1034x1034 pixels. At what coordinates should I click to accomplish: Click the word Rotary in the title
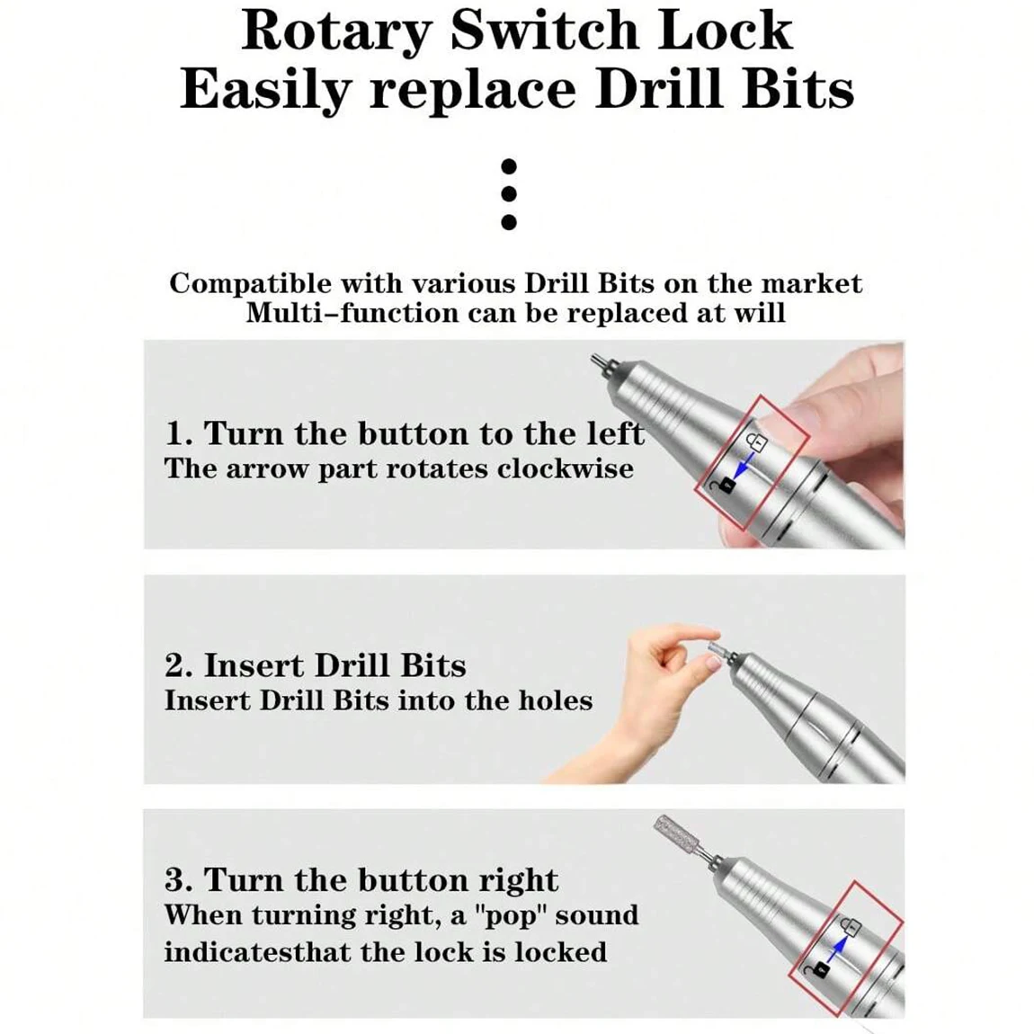tap(336, 31)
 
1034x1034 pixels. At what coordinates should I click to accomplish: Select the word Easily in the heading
tap(264, 91)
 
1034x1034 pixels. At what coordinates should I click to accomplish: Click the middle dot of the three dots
tap(508, 194)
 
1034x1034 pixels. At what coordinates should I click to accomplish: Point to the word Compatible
tap(251, 284)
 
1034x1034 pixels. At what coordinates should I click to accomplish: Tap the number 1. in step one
tap(178, 434)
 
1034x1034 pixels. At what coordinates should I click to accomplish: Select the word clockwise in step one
tap(566, 468)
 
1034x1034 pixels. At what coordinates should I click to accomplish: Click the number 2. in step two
tap(179, 665)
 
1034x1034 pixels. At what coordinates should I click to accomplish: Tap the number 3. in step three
tap(179, 880)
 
